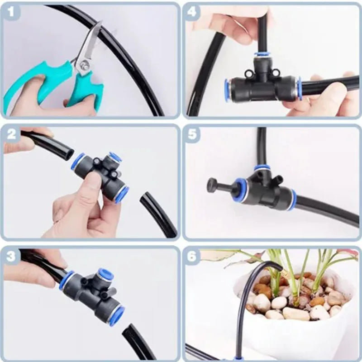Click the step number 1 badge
pos(10,13)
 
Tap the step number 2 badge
pos(11,134)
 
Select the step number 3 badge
pos(11,256)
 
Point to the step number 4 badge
pos(192,13)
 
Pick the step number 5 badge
pos(192,134)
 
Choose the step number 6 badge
pos(192,256)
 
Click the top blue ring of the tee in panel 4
pos(262,55)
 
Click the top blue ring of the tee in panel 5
pos(262,168)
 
